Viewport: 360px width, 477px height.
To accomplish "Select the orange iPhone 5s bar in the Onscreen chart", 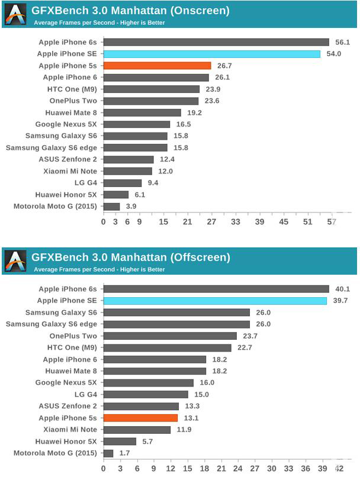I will point(157,66).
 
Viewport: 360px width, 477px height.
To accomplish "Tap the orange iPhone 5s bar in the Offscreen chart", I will point(141,418).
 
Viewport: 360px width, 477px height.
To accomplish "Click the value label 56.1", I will point(343,43).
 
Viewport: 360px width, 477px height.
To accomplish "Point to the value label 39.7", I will point(340,301).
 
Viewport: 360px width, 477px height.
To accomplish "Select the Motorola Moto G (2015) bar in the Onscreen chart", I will point(112,207).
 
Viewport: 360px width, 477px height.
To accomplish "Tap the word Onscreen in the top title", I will point(199,11).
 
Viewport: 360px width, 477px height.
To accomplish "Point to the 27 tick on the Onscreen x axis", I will point(211,222).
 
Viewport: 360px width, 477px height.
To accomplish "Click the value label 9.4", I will point(153,183).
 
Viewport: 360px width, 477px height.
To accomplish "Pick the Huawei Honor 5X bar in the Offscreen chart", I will point(120,441).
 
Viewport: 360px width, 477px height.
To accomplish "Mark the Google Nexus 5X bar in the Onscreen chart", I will point(137,124).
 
